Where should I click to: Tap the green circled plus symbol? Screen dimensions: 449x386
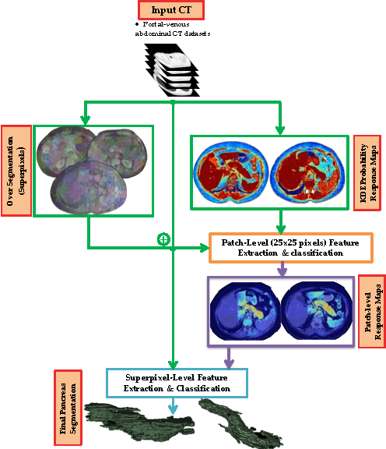(x=163, y=239)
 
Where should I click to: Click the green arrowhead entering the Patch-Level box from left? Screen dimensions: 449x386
(x=205, y=249)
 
